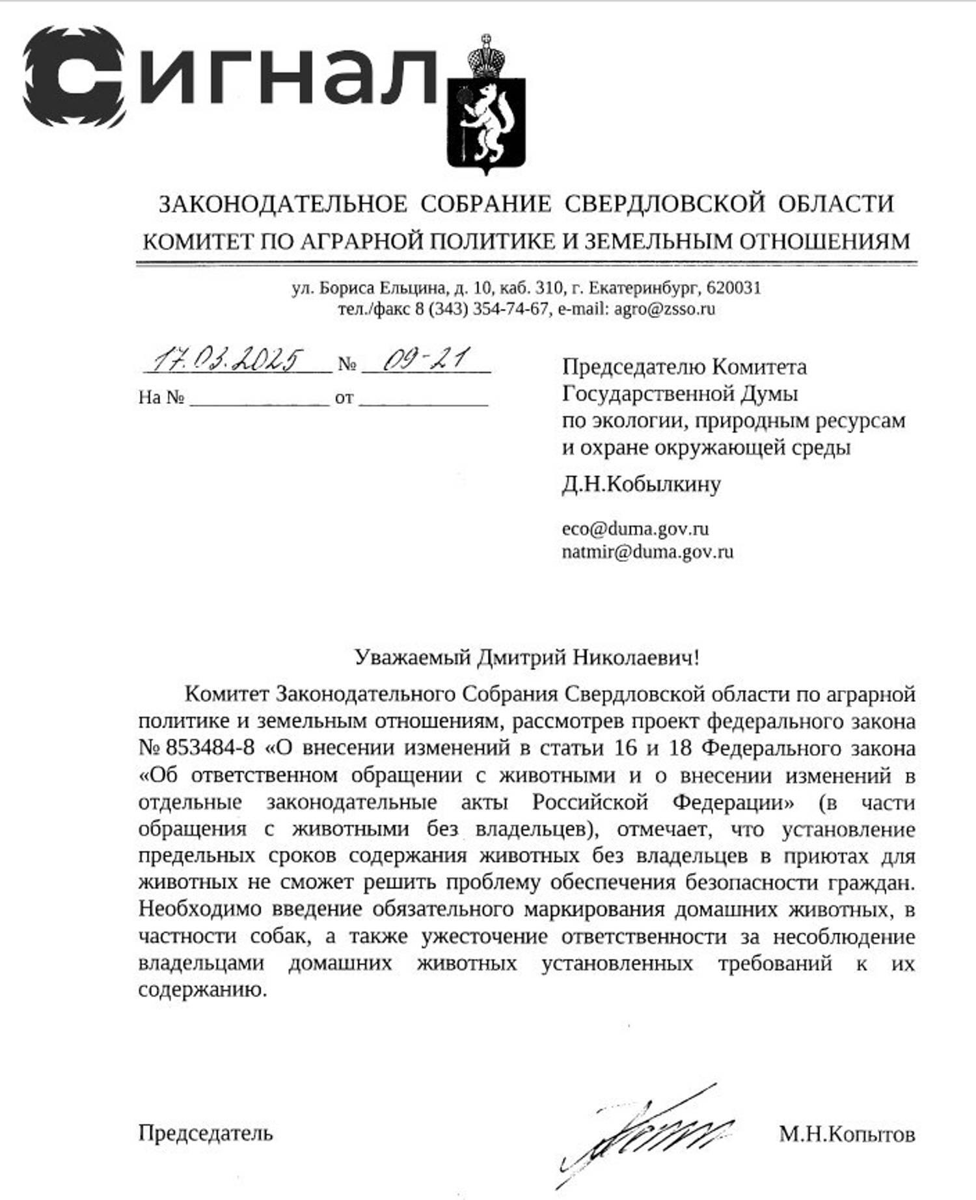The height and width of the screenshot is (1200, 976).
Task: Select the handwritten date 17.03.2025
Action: [x=228, y=360]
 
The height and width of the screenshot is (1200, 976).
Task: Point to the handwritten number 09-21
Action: [x=426, y=360]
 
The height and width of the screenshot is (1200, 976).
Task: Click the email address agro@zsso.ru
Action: [x=664, y=308]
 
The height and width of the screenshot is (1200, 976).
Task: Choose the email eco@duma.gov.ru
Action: [x=635, y=528]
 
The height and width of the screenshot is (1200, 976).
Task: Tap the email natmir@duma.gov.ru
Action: [x=647, y=552]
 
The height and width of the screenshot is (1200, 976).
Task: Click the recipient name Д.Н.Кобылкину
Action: [x=641, y=485]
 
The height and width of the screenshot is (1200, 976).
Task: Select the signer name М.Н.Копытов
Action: [x=847, y=1135]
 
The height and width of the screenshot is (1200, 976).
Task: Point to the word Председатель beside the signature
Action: [x=205, y=1134]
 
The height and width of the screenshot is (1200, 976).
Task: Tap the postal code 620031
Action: [x=733, y=287]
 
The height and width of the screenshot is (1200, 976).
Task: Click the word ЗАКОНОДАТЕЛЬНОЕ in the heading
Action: [x=283, y=204]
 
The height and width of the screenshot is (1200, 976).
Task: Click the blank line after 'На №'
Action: [x=259, y=398]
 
